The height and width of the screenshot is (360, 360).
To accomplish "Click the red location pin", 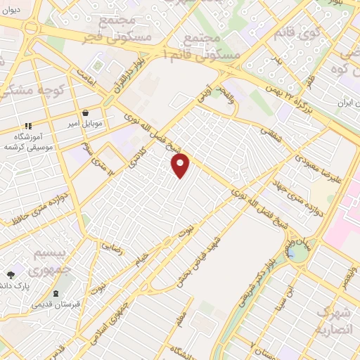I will tap(181, 165).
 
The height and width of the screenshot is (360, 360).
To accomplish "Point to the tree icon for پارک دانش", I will tap(11, 275).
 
